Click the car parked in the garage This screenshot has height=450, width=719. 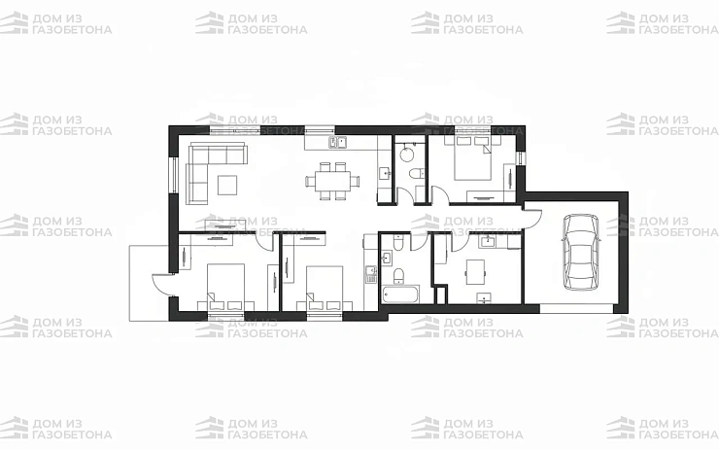coord(581,252)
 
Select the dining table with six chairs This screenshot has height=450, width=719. coord(332,181)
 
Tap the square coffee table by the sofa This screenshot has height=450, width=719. coord(227,185)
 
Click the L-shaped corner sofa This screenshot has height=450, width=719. coord(206,165)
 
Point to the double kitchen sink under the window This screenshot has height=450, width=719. coord(338,142)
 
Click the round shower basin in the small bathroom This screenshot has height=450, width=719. coord(407,154)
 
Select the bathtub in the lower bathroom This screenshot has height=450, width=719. coord(400,294)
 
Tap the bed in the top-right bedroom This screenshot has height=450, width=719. coord(473,157)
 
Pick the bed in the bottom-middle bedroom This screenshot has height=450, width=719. coord(325,288)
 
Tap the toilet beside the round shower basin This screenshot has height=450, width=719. coord(417,173)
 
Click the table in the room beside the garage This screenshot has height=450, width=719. coord(475,271)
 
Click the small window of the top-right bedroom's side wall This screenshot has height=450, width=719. coord(521,158)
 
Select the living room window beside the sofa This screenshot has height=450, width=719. coord(173,174)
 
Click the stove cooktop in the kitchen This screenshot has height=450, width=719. coord(370,274)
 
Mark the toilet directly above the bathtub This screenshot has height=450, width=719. coord(399,275)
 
